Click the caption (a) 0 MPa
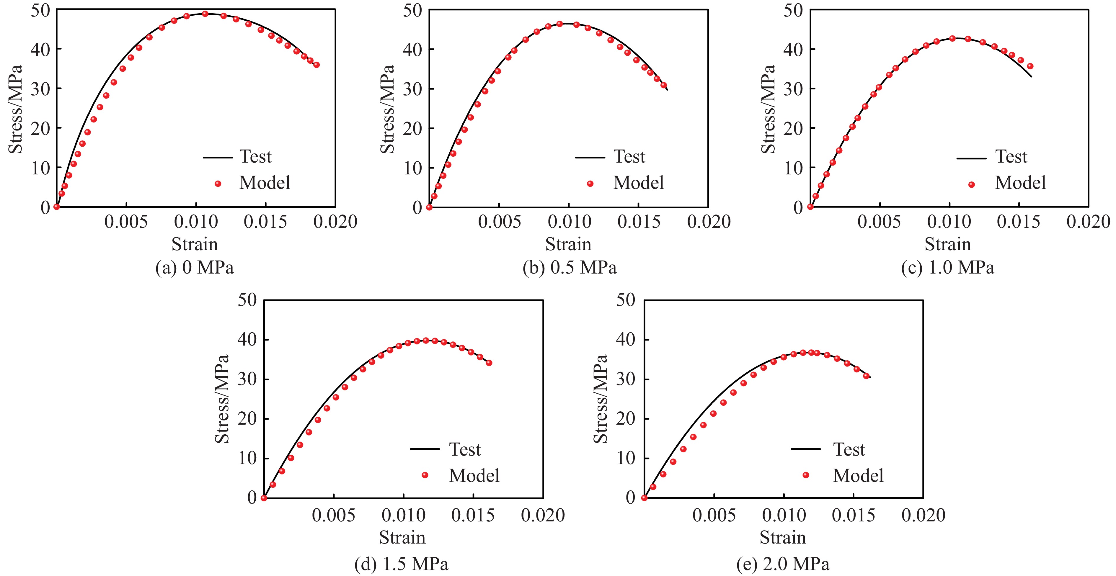click(x=195, y=268)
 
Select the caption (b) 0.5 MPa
click(x=569, y=268)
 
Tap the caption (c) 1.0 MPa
click(x=947, y=268)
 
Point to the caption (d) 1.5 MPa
click(x=401, y=564)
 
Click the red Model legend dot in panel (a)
click(x=218, y=184)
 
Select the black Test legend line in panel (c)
click(x=971, y=158)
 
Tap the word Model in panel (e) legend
click(x=858, y=476)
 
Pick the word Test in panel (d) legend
click(x=464, y=449)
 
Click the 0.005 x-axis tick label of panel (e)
click(x=714, y=516)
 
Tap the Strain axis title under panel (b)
click(x=568, y=244)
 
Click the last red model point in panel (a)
click(x=316, y=65)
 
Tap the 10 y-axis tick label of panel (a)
click(x=40, y=168)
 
